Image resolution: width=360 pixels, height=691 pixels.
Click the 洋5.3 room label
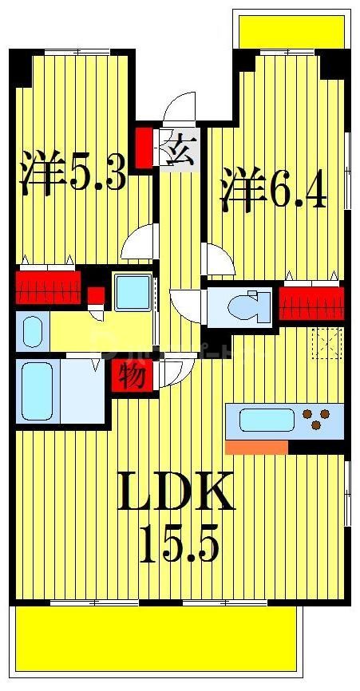tap(73, 171)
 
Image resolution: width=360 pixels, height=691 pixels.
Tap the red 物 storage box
tap(133, 374)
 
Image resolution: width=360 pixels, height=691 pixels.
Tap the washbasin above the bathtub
tap(33, 330)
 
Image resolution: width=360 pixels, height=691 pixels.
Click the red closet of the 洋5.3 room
tap(49, 286)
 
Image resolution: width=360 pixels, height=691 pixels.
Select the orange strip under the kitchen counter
tap(256, 448)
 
